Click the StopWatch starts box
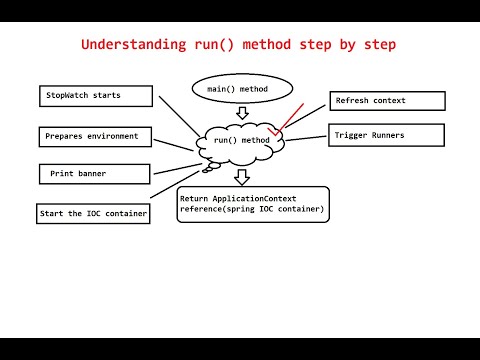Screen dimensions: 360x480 [x=96, y=96]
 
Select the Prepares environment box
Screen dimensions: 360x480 [x=96, y=135]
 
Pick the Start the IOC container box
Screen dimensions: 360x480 [x=93, y=213]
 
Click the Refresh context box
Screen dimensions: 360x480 [x=387, y=101]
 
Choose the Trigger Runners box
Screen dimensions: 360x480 [x=385, y=134]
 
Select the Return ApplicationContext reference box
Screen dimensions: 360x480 [x=252, y=204]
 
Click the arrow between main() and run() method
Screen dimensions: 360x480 [x=241, y=114]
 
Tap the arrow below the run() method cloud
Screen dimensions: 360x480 [x=241, y=176]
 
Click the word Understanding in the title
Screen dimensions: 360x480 [x=129, y=45]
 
